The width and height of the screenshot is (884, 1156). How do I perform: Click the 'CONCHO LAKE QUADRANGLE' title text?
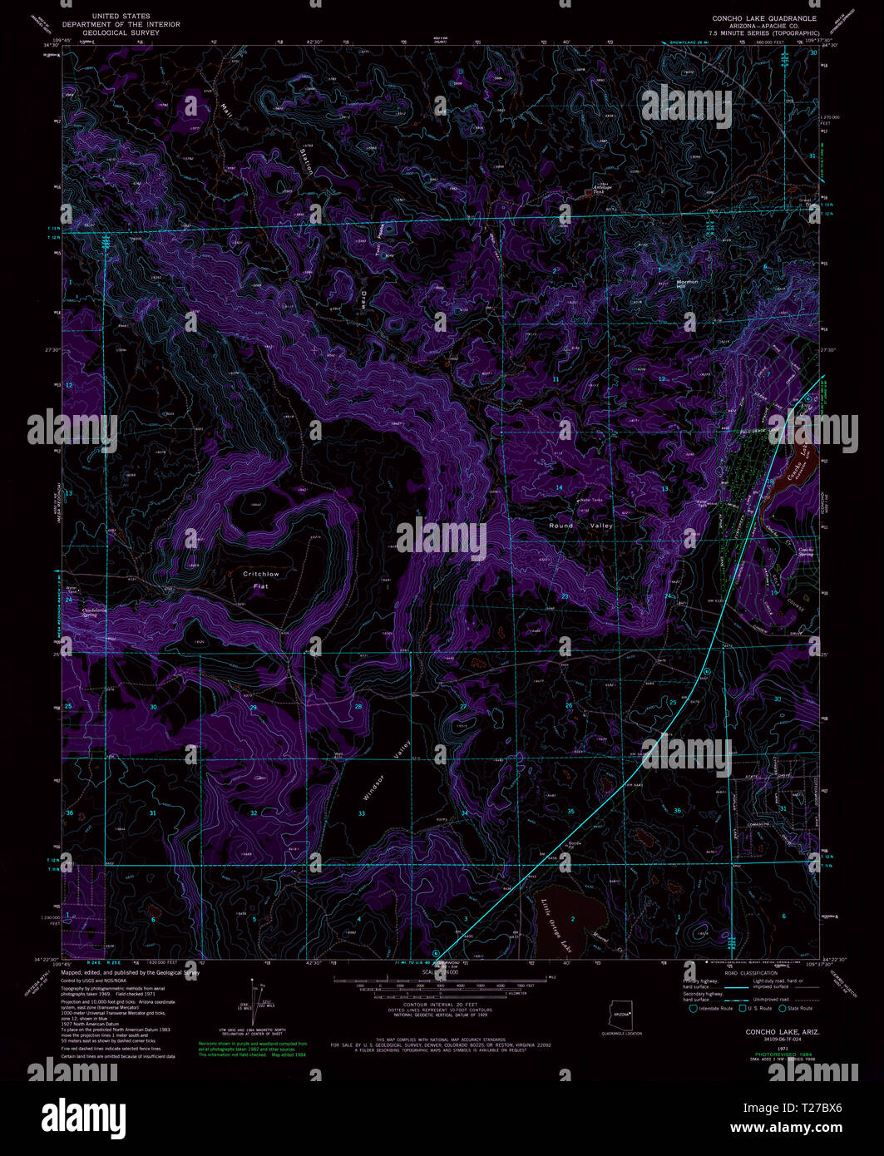tap(763, 17)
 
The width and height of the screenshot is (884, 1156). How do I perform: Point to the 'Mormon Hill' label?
tap(687, 284)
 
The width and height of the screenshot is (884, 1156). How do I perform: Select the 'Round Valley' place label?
tap(580, 526)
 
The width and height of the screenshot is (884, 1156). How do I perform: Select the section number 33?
tap(362, 813)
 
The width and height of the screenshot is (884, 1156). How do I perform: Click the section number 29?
tap(253, 707)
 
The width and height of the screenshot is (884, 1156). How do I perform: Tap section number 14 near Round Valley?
tap(559, 487)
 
